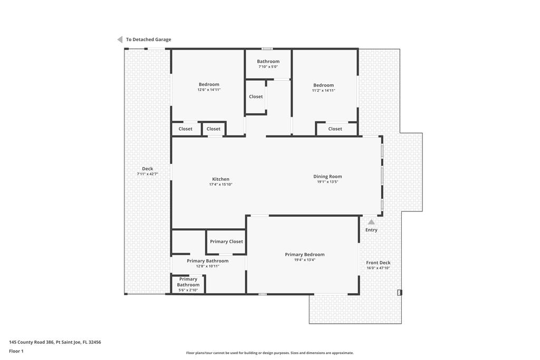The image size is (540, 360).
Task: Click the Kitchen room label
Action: click(x=221, y=179)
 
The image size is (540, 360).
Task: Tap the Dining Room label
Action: click(x=327, y=177)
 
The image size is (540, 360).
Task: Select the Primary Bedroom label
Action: click(x=305, y=255)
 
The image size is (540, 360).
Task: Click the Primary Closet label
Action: click(x=227, y=241)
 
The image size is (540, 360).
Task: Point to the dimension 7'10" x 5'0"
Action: click(x=268, y=67)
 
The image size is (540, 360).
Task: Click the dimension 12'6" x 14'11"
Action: click(x=209, y=90)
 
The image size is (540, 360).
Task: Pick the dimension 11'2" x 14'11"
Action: click(x=324, y=91)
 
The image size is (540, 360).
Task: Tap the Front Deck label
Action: click(x=379, y=262)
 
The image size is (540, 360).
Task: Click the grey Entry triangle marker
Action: click(x=371, y=222)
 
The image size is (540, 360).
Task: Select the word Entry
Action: click(x=372, y=230)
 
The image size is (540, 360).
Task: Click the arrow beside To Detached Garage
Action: click(x=120, y=40)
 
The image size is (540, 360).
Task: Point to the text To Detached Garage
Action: click(x=148, y=40)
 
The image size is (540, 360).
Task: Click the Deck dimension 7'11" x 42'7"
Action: click(x=148, y=174)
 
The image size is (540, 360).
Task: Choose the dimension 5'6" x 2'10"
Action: click(x=188, y=290)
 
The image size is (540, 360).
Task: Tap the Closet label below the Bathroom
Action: click(x=256, y=96)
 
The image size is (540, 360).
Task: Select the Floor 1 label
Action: click(x=16, y=352)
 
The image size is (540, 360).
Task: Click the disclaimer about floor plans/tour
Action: click(x=270, y=353)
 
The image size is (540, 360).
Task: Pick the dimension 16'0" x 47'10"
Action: click(x=379, y=268)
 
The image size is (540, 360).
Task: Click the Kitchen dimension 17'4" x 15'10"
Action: click(x=221, y=184)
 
